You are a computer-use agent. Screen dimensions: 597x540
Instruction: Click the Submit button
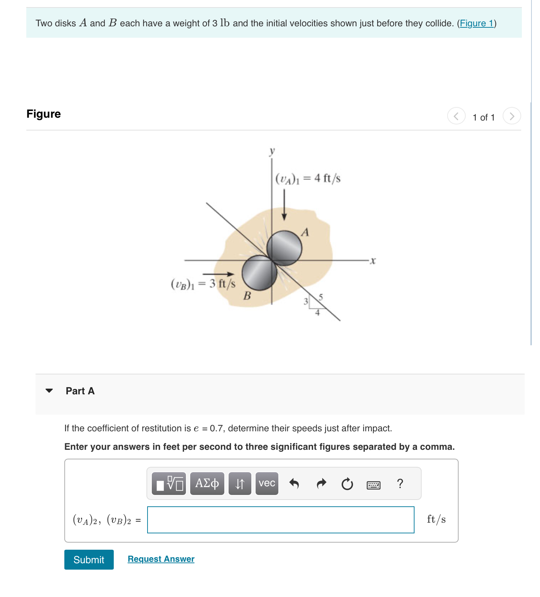(x=89, y=560)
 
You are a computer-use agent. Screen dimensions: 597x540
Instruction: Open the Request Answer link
(x=161, y=559)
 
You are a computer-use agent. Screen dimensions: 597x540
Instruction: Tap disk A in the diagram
(x=284, y=248)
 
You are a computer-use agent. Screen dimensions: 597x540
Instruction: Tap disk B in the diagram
(x=260, y=273)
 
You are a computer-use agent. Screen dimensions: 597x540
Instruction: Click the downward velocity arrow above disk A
(x=284, y=205)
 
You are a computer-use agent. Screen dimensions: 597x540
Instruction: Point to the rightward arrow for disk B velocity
(x=218, y=274)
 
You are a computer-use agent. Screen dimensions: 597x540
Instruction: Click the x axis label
(x=373, y=261)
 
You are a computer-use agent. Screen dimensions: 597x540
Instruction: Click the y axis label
(x=272, y=151)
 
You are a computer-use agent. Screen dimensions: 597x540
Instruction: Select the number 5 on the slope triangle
(x=321, y=297)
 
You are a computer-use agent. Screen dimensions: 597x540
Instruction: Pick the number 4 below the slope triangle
(x=317, y=313)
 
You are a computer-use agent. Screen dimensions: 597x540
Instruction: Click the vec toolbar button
(x=267, y=484)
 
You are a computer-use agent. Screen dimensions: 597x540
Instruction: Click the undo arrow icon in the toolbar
(x=294, y=484)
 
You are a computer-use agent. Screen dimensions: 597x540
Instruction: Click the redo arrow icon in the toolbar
(x=321, y=484)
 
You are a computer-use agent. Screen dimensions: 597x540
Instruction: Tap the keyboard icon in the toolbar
(x=373, y=485)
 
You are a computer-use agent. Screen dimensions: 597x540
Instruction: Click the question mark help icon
(x=400, y=484)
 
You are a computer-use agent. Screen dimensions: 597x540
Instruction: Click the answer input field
(x=280, y=520)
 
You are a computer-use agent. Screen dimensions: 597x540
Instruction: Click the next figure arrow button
(x=512, y=116)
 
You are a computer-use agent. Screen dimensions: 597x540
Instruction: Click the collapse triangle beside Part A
(x=49, y=391)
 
